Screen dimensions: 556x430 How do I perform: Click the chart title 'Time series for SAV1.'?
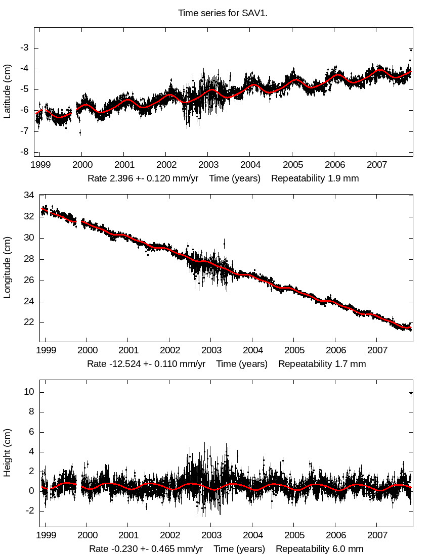(x=223, y=13)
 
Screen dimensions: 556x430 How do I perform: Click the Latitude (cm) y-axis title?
(x=7, y=91)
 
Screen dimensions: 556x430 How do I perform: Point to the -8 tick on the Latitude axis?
(x=24, y=152)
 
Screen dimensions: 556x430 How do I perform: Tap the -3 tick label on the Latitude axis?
(x=24, y=48)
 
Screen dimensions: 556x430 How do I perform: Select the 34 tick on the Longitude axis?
(x=28, y=196)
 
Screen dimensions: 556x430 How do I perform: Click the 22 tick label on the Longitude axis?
(x=28, y=322)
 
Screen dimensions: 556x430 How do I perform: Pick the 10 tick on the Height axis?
(x=28, y=392)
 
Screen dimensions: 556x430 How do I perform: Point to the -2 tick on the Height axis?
(x=27, y=511)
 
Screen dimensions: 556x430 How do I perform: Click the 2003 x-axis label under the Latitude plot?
(x=208, y=165)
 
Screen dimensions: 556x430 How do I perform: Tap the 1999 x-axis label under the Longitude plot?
(x=46, y=350)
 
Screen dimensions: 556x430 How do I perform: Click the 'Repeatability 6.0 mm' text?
(x=319, y=549)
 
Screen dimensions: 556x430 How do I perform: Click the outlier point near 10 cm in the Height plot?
(x=411, y=393)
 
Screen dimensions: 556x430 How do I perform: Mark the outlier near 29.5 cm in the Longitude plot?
(x=225, y=243)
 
